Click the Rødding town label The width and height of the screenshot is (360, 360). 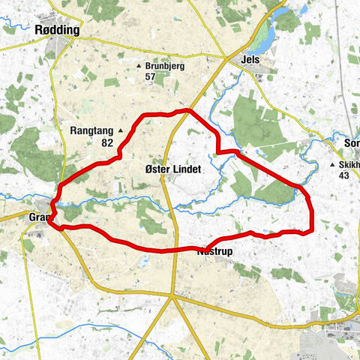tap(58, 30)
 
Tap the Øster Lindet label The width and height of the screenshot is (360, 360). tap(173, 169)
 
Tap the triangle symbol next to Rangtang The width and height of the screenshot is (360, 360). tap(119, 130)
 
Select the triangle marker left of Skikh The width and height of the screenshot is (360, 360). tap(332, 165)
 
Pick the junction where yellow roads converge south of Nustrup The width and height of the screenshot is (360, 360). tap(172, 296)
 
